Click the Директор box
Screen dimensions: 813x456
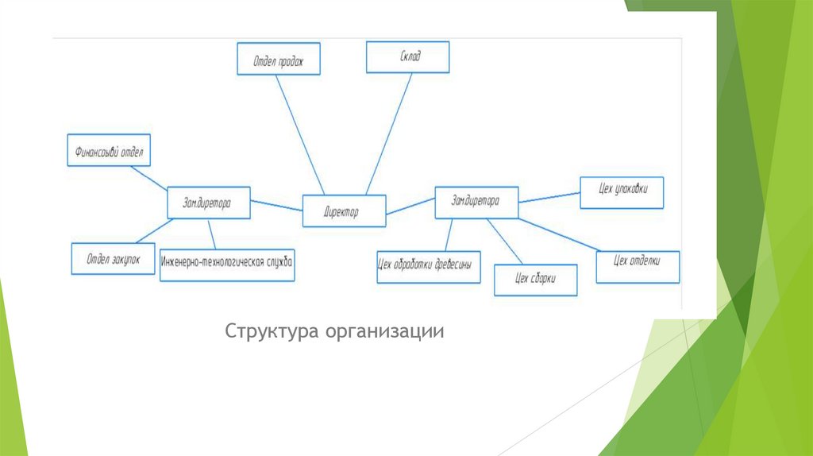point(344,211)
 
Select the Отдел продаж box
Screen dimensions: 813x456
point(279,60)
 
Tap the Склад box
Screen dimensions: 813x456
point(407,57)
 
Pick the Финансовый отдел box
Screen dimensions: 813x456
point(109,150)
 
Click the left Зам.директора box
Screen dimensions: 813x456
point(209,203)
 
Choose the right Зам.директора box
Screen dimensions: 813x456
point(476,202)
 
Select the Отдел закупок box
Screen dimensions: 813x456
point(113,258)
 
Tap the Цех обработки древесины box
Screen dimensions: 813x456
point(429,267)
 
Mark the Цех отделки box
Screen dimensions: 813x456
point(638,266)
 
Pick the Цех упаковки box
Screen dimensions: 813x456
point(622,192)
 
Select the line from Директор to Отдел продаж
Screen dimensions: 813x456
point(301,133)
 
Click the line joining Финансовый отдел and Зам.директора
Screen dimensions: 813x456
point(149,177)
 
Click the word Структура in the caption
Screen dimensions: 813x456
point(271,330)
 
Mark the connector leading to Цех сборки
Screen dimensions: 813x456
point(504,241)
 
